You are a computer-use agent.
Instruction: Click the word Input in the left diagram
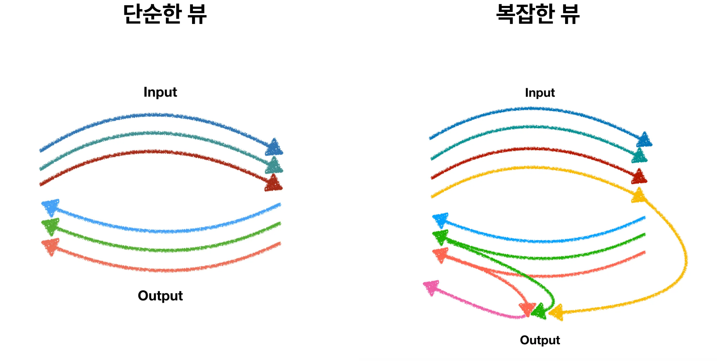coord(160,92)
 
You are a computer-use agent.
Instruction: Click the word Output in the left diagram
coord(160,296)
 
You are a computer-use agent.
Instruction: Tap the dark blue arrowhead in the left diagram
coord(274,147)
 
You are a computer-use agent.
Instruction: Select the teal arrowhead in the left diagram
coord(274,165)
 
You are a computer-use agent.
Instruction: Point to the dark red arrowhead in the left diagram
coord(273,183)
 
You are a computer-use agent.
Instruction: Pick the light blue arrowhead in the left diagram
coord(51,207)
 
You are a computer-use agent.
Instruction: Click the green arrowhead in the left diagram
coord(51,226)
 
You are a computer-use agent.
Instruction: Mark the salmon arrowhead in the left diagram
coord(51,246)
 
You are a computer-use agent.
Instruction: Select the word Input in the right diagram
coord(540,93)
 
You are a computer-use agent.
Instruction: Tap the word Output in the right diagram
coord(540,340)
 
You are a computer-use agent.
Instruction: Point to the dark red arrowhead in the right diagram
coord(639,177)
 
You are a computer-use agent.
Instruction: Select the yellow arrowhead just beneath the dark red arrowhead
coord(638,196)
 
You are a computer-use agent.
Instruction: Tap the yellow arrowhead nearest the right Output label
coord(556,313)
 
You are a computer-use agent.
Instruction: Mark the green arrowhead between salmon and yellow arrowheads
coord(539,311)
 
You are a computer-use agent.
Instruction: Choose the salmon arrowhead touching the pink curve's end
coord(527,309)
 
